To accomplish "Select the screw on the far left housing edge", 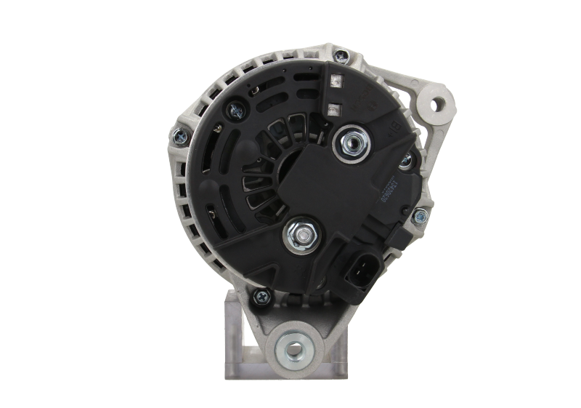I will (x=179, y=134).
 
